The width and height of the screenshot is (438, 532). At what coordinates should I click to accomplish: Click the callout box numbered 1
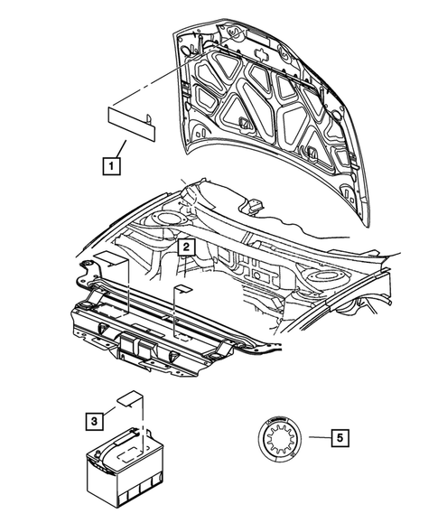coord(110,165)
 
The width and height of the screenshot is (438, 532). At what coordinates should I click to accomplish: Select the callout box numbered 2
coord(184,246)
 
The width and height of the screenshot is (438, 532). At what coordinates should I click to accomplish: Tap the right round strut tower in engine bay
coord(322,274)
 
